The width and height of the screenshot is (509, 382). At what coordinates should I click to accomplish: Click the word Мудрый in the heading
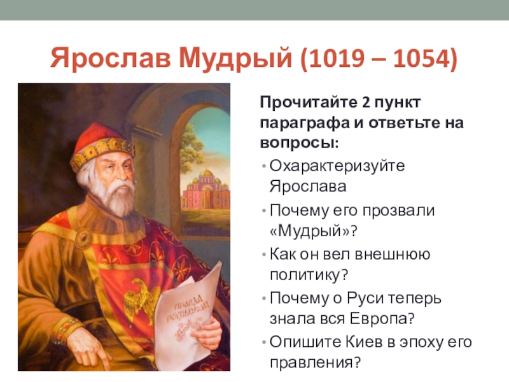(x=235, y=59)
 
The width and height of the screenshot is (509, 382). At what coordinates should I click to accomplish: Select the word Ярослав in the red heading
(x=110, y=58)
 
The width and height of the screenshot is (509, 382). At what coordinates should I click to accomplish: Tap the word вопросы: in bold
(x=299, y=143)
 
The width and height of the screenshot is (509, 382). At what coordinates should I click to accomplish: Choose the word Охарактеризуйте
(x=337, y=166)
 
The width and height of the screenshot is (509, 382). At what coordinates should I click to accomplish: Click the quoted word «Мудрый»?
(x=313, y=231)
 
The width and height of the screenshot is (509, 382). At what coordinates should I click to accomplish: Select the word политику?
(x=309, y=275)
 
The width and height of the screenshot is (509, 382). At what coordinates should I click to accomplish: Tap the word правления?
(x=315, y=362)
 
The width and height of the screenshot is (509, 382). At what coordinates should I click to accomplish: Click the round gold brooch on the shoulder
(x=84, y=237)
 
